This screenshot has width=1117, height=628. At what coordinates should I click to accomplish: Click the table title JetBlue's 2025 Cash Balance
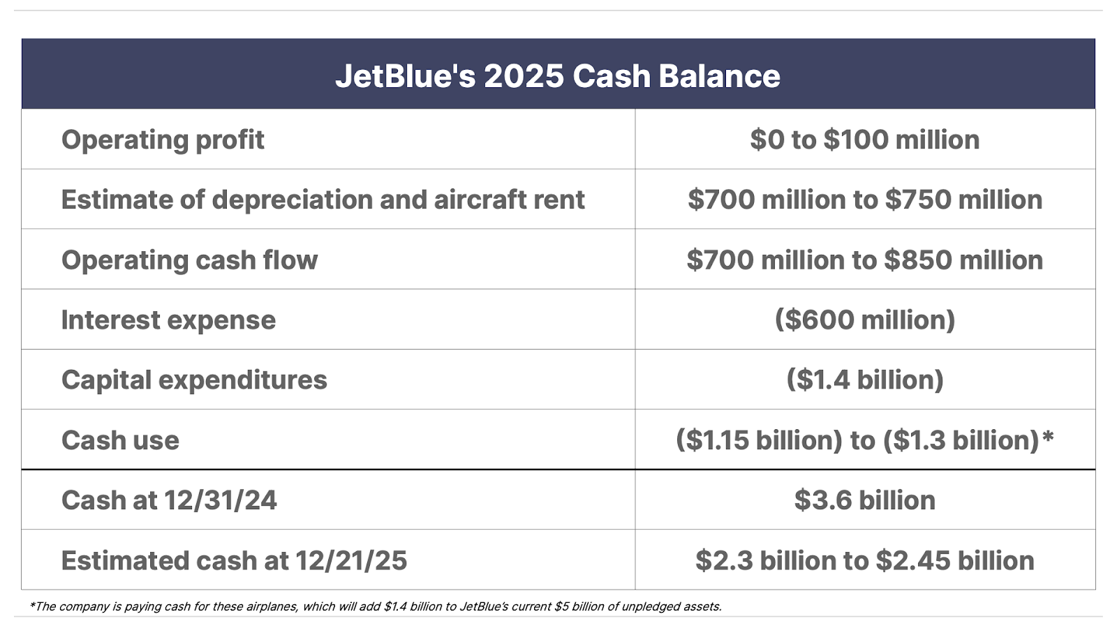pyautogui.click(x=558, y=76)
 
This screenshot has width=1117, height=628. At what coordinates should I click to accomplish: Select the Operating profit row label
pyautogui.click(x=163, y=140)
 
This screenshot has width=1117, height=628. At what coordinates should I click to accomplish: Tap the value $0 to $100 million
pyautogui.click(x=865, y=140)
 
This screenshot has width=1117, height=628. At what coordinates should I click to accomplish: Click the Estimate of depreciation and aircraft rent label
pyautogui.click(x=323, y=200)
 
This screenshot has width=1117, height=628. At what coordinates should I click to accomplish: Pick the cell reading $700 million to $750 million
pyautogui.click(x=865, y=200)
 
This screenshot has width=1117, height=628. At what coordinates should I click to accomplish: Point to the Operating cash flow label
pyautogui.click(x=189, y=260)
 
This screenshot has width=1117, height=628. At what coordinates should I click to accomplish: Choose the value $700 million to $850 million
pyautogui.click(x=865, y=260)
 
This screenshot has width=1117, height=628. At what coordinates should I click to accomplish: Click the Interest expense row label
pyautogui.click(x=168, y=320)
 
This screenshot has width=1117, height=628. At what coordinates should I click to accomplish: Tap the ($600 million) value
pyautogui.click(x=865, y=320)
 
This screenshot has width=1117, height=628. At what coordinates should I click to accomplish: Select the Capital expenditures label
pyautogui.click(x=194, y=380)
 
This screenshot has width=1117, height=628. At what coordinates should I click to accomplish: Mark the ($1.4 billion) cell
pyautogui.click(x=865, y=380)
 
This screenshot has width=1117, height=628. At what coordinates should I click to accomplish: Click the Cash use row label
pyautogui.click(x=120, y=440)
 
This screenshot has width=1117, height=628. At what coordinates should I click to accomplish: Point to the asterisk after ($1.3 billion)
pyautogui.click(x=1048, y=436)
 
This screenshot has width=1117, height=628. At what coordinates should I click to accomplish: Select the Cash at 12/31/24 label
pyautogui.click(x=169, y=500)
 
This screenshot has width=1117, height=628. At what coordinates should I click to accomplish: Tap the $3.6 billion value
pyautogui.click(x=865, y=500)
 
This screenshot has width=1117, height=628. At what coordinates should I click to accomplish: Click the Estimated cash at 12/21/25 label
pyautogui.click(x=234, y=561)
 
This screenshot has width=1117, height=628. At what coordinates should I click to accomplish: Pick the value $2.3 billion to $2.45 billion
pyautogui.click(x=865, y=561)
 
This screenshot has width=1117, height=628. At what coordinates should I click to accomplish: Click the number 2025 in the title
pyautogui.click(x=524, y=76)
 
